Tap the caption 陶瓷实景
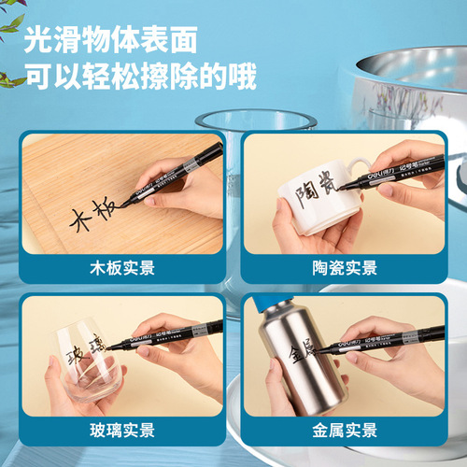(345, 268)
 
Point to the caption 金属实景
(345, 430)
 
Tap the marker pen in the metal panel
(383, 338)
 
